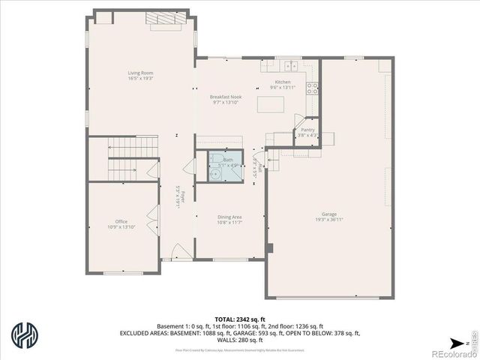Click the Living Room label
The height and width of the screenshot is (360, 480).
(x=141, y=73)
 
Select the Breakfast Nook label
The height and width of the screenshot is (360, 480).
(x=225, y=97)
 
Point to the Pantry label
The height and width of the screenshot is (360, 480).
(x=308, y=130)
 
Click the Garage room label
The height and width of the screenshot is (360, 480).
(x=329, y=214)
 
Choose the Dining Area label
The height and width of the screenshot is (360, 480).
(x=229, y=216)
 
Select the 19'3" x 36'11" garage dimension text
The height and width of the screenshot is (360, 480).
(x=329, y=220)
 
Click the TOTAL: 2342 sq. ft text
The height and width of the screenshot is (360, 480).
(x=240, y=319)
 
